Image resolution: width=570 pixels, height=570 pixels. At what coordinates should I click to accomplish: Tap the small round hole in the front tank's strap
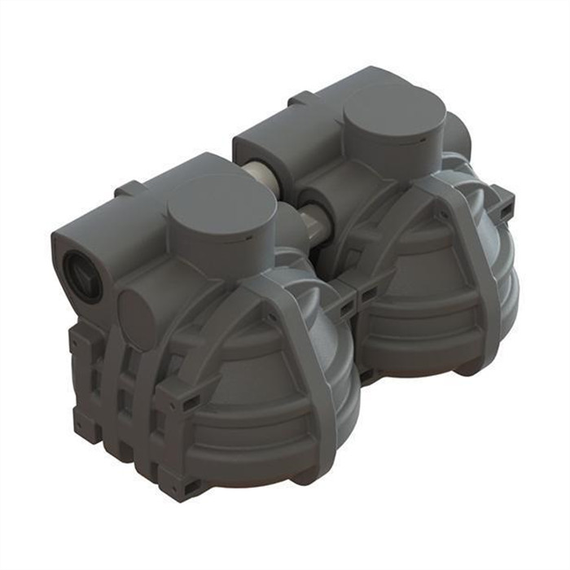tap(268, 311)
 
